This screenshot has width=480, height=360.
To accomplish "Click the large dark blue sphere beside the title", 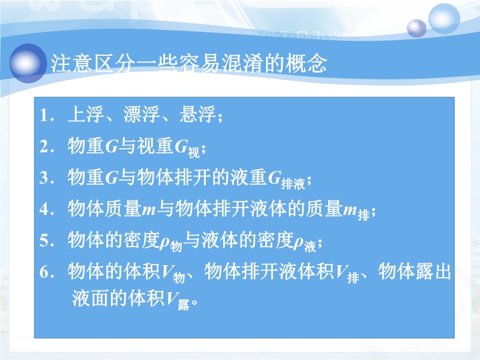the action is [28, 64].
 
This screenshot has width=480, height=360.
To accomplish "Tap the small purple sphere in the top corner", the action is [416, 28].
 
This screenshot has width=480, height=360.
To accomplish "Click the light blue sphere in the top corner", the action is [444, 19].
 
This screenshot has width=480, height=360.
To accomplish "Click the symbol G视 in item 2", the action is [187, 148].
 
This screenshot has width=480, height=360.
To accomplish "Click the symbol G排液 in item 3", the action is [287, 179].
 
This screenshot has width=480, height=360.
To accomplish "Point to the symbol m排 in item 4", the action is [356, 211].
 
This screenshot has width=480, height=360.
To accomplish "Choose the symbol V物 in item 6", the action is [173, 274].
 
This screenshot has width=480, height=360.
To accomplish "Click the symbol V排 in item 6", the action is [347, 274].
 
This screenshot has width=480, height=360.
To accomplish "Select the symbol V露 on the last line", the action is [178, 301].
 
